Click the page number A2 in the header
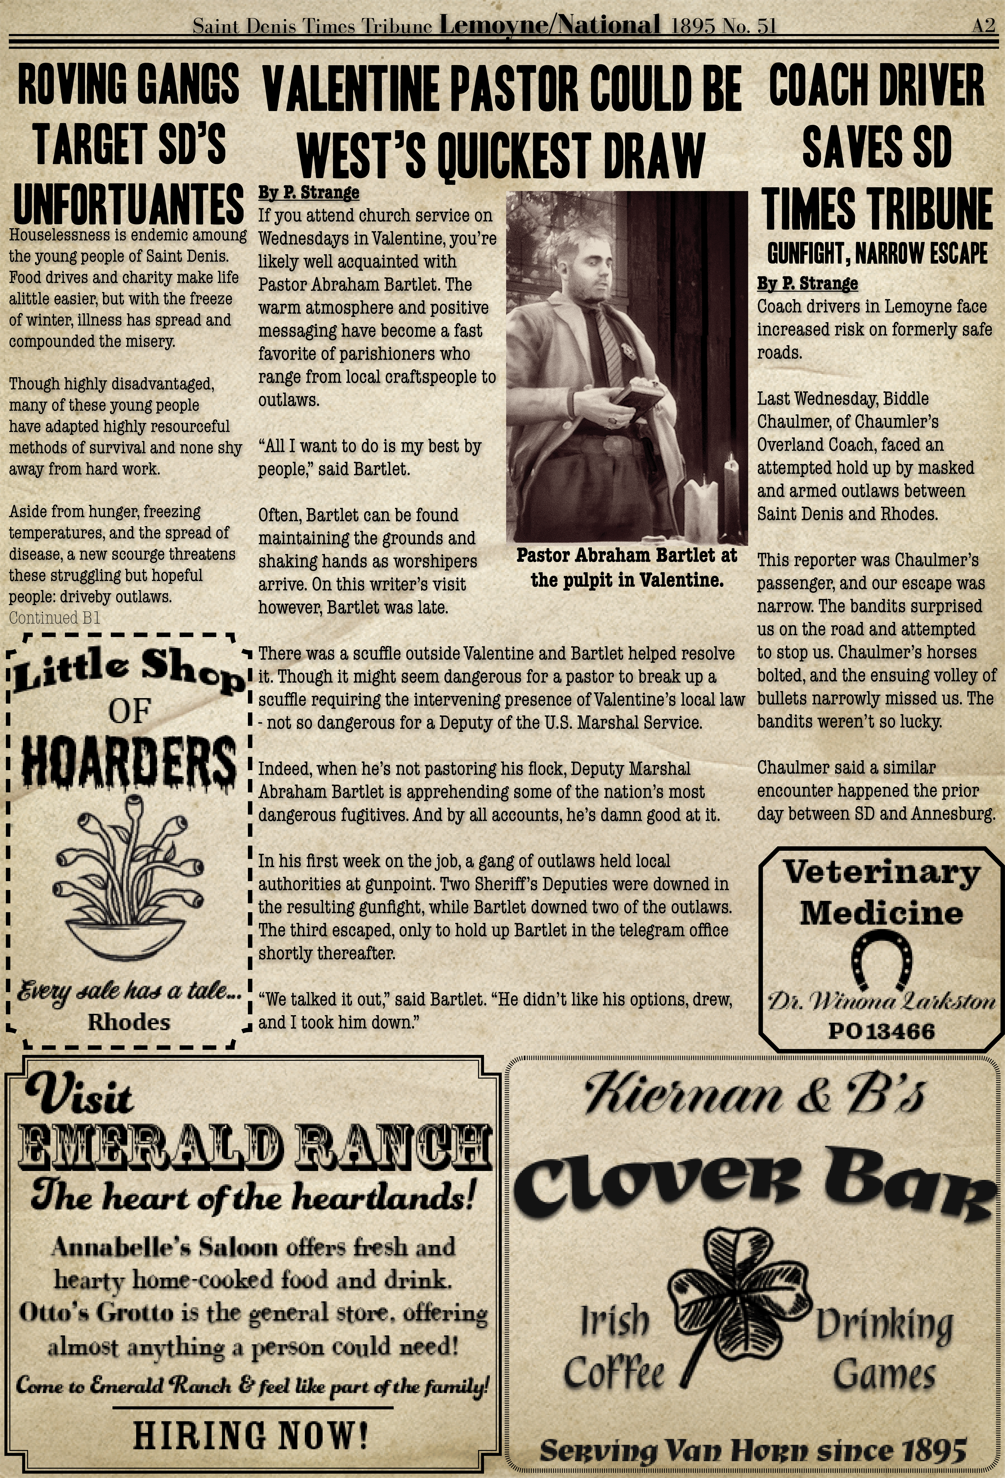click(x=983, y=25)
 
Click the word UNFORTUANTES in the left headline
click(x=129, y=205)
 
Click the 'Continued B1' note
click(x=55, y=618)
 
